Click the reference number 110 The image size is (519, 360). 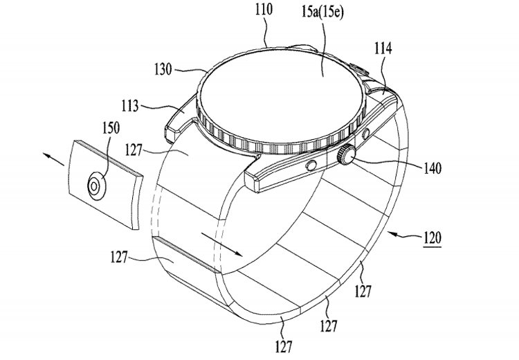click(x=264, y=10)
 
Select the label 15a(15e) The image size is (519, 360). click(x=322, y=12)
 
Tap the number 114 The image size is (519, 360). click(x=383, y=48)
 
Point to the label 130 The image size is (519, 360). click(x=163, y=69)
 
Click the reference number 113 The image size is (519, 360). click(x=130, y=107)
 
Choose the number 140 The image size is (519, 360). click(x=432, y=168)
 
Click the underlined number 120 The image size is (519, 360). click(x=432, y=237)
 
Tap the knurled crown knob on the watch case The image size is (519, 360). click(x=346, y=155)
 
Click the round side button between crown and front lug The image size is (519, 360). click(x=311, y=165)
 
